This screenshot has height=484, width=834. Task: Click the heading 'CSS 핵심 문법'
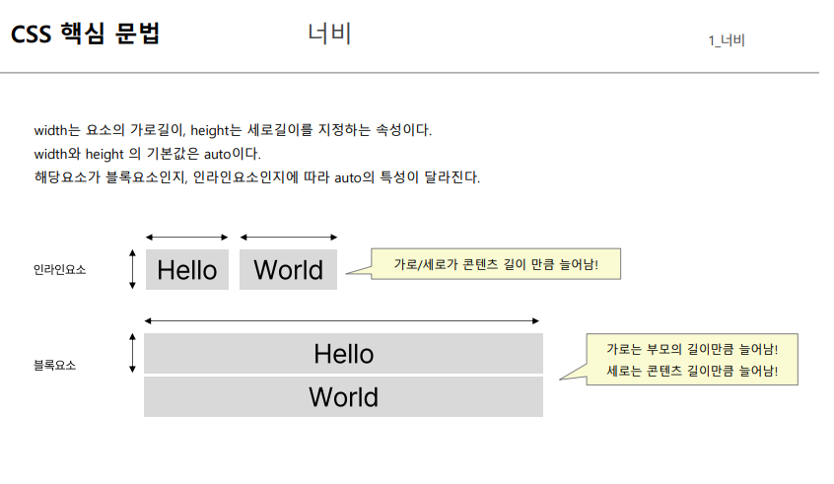point(85,35)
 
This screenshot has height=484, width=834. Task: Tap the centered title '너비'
point(329,35)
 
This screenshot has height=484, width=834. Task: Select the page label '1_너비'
point(726,40)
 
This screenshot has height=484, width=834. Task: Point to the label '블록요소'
point(54,365)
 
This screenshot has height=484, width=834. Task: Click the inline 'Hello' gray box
point(187,270)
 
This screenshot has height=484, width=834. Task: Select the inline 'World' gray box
point(289,270)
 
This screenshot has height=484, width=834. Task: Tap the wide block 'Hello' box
point(343,353)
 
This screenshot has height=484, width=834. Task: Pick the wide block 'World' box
point(343,397)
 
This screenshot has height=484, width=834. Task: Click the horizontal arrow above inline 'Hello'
point(187,237)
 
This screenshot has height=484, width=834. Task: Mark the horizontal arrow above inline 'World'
point(289,237)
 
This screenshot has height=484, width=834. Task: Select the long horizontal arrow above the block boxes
point(342,320)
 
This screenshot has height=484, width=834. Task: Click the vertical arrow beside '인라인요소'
point(132,269)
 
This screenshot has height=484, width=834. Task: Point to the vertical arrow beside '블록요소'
point(132,353)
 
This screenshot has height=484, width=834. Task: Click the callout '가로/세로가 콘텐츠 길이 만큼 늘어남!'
point(496,264)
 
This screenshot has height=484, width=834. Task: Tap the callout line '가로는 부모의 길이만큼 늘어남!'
point(690,349)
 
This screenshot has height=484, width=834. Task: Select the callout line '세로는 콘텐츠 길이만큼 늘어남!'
point(690,372)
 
